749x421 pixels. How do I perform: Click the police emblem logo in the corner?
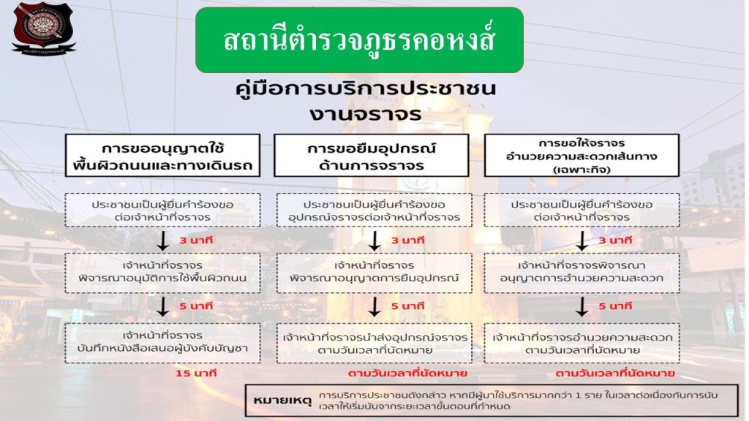[x=42, y=28]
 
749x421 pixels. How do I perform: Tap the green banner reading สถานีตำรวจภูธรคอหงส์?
[x=359, y=39]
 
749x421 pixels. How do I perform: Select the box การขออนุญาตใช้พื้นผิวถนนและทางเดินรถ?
[x=162, y=154]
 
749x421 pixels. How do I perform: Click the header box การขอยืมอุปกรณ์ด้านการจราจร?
[x=371, y=154]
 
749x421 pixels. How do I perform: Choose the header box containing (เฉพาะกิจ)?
[x=581, y=154]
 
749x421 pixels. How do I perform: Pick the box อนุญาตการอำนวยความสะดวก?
[x=581, y=272]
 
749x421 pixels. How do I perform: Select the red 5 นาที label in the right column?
[x=614, y=306]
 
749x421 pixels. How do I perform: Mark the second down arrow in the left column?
[x=164, y=306]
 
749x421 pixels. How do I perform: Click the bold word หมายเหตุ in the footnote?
[x=282, y=401]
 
